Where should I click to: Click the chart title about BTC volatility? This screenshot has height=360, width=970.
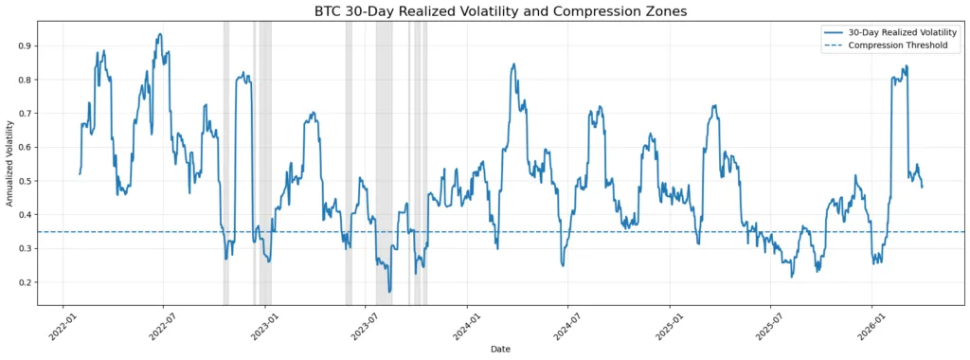coord(501,11)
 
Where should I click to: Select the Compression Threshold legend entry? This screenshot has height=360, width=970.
coord(897,45)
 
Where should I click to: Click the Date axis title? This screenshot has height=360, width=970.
coord(501,350)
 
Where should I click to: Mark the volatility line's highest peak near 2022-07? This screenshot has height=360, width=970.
coord(159,35)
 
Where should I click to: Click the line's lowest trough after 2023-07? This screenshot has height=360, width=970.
coord(389,291)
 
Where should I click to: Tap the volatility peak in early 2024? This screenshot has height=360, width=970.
coord(513,64)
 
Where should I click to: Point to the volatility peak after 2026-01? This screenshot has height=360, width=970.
coord(906,66)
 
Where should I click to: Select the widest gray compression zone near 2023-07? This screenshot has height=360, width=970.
coord(384,161)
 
